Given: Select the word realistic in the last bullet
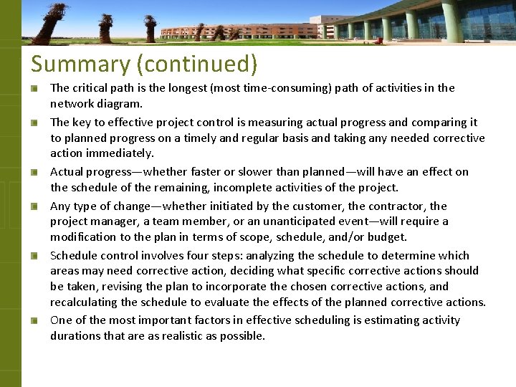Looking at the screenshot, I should click(190, 335).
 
